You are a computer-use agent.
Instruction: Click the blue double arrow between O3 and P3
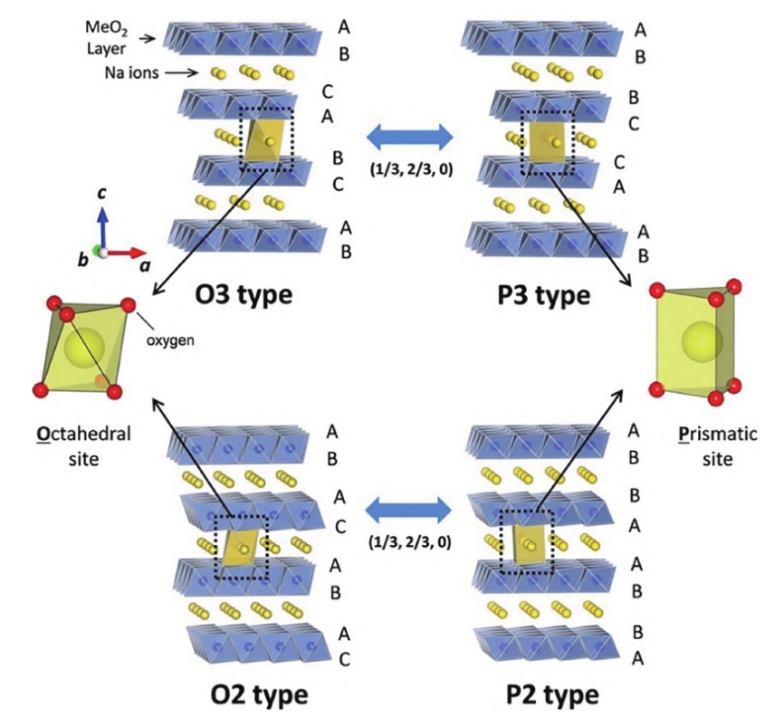point(406,137)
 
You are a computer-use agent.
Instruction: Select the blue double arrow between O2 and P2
point(406,510)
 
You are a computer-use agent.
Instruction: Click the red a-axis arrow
point(128,252)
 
